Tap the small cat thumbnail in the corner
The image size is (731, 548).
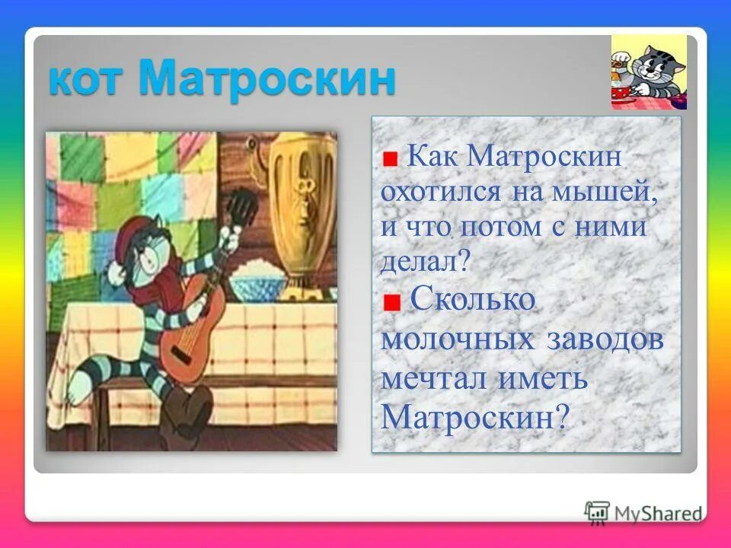(649, 72)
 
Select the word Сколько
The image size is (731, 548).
(472, 301)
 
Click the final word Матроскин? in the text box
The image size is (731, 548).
(475, 417)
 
